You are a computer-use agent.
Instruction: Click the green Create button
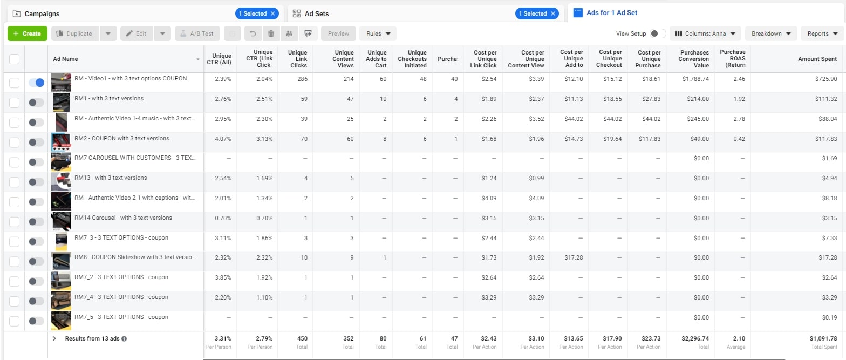click(x=28, y=33)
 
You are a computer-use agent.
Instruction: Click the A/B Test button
click(x=196, y=33)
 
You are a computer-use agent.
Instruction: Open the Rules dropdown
click(x=378, y=33)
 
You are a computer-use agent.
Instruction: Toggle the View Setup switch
click(x=657, y=33)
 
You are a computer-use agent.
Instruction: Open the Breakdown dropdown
click(x=771, y=33)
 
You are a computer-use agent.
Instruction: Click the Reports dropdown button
click(x=822, y=33)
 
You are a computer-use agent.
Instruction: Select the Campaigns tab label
click(x=42, y=13)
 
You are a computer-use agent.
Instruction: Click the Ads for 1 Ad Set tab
click(x=611, y=13)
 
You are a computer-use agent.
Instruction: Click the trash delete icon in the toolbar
click(x=271, y=33)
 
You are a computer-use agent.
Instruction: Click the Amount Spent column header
click(x=817, y=59)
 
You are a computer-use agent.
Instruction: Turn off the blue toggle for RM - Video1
click(x=36, y=83)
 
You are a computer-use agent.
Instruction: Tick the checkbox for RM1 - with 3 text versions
click(x=14, y=103)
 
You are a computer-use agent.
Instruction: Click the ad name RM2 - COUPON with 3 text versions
click(x=122, y=138)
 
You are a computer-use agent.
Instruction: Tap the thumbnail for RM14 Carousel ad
click(x=61, y=221)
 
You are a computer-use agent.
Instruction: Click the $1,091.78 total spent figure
click(x=823, y=338)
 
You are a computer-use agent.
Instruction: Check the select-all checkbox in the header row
click(x=14, y=59)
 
